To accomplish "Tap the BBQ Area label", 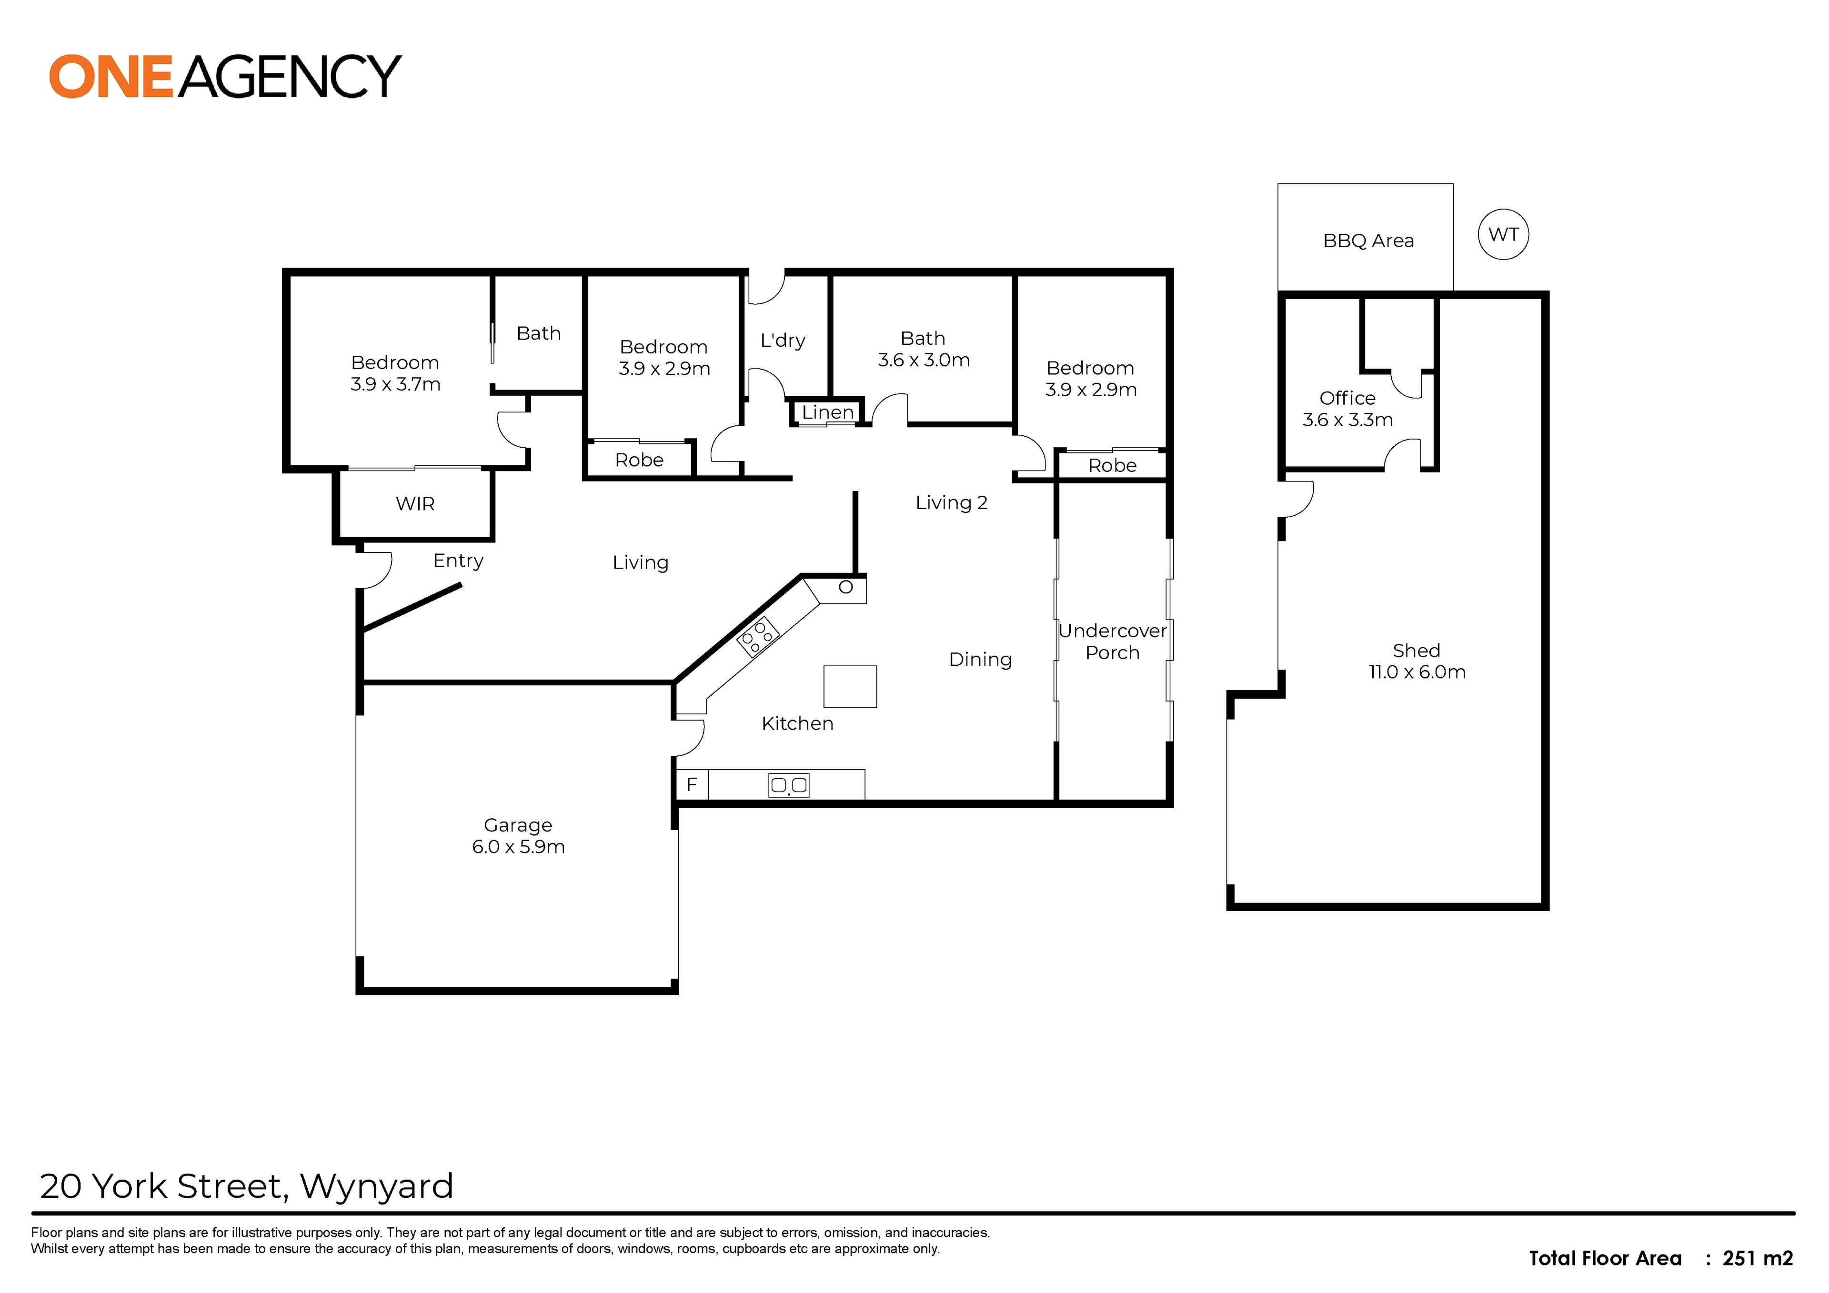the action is pyautogui.click(x=1368, y=241).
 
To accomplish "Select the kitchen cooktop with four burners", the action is pyautogui.click(x=758, y=636).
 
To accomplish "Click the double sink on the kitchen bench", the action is pyautogui.click(x=789, y=785).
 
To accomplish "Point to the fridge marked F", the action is pyautogui.click(x=692, y=784).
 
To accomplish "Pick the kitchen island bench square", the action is pyautogui.click(x=850, y=687).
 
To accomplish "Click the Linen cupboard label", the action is pyautogui.click(x=828, y=413).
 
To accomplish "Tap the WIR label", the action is pyautogui.click(x=415, y=503).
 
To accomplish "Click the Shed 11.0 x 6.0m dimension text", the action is pyautogui.click(x=1417, y=672).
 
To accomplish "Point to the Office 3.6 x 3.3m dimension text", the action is pyautogui.click(x=1348, y=420).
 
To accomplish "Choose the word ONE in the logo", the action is pyautogui.click(x=111, y=77).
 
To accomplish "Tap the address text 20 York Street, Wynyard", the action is pyautogui.click(x=246, y=1186).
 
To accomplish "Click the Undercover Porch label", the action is pyautogui.click(x=1112, y=641).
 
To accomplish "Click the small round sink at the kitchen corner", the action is pyautogui.click(x=846, y=587).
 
